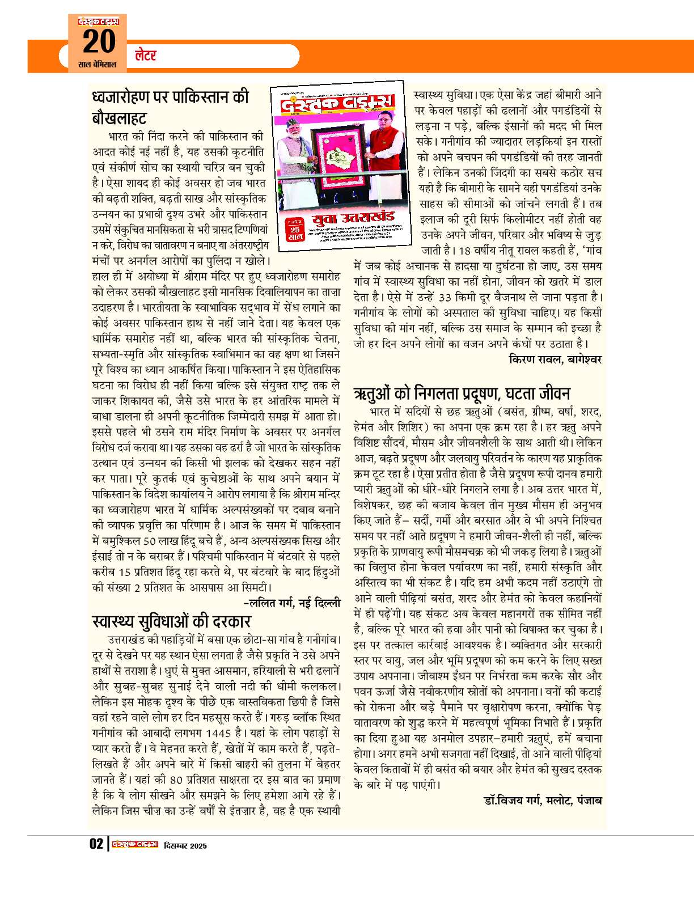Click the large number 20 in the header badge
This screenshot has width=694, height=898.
tap(99, 41)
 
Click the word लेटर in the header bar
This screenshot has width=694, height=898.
tap(146, 56)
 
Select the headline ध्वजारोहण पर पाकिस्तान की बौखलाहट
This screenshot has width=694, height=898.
tap(170, 107)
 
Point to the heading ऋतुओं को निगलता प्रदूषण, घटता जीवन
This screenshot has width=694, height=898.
tap(462, 393)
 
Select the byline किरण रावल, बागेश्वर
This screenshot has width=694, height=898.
tap(555, 359)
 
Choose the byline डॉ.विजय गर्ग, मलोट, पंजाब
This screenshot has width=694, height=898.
tap(543, 800)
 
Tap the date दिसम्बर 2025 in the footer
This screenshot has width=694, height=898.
tap(185, 846)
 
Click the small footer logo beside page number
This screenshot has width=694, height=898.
tap(134, 844)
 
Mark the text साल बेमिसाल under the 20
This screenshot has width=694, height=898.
tap(97, 64)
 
